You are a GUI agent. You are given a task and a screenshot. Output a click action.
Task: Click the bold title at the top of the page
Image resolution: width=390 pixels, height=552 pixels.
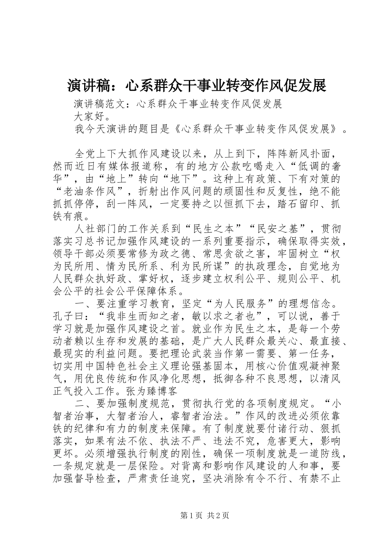point(196,86)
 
